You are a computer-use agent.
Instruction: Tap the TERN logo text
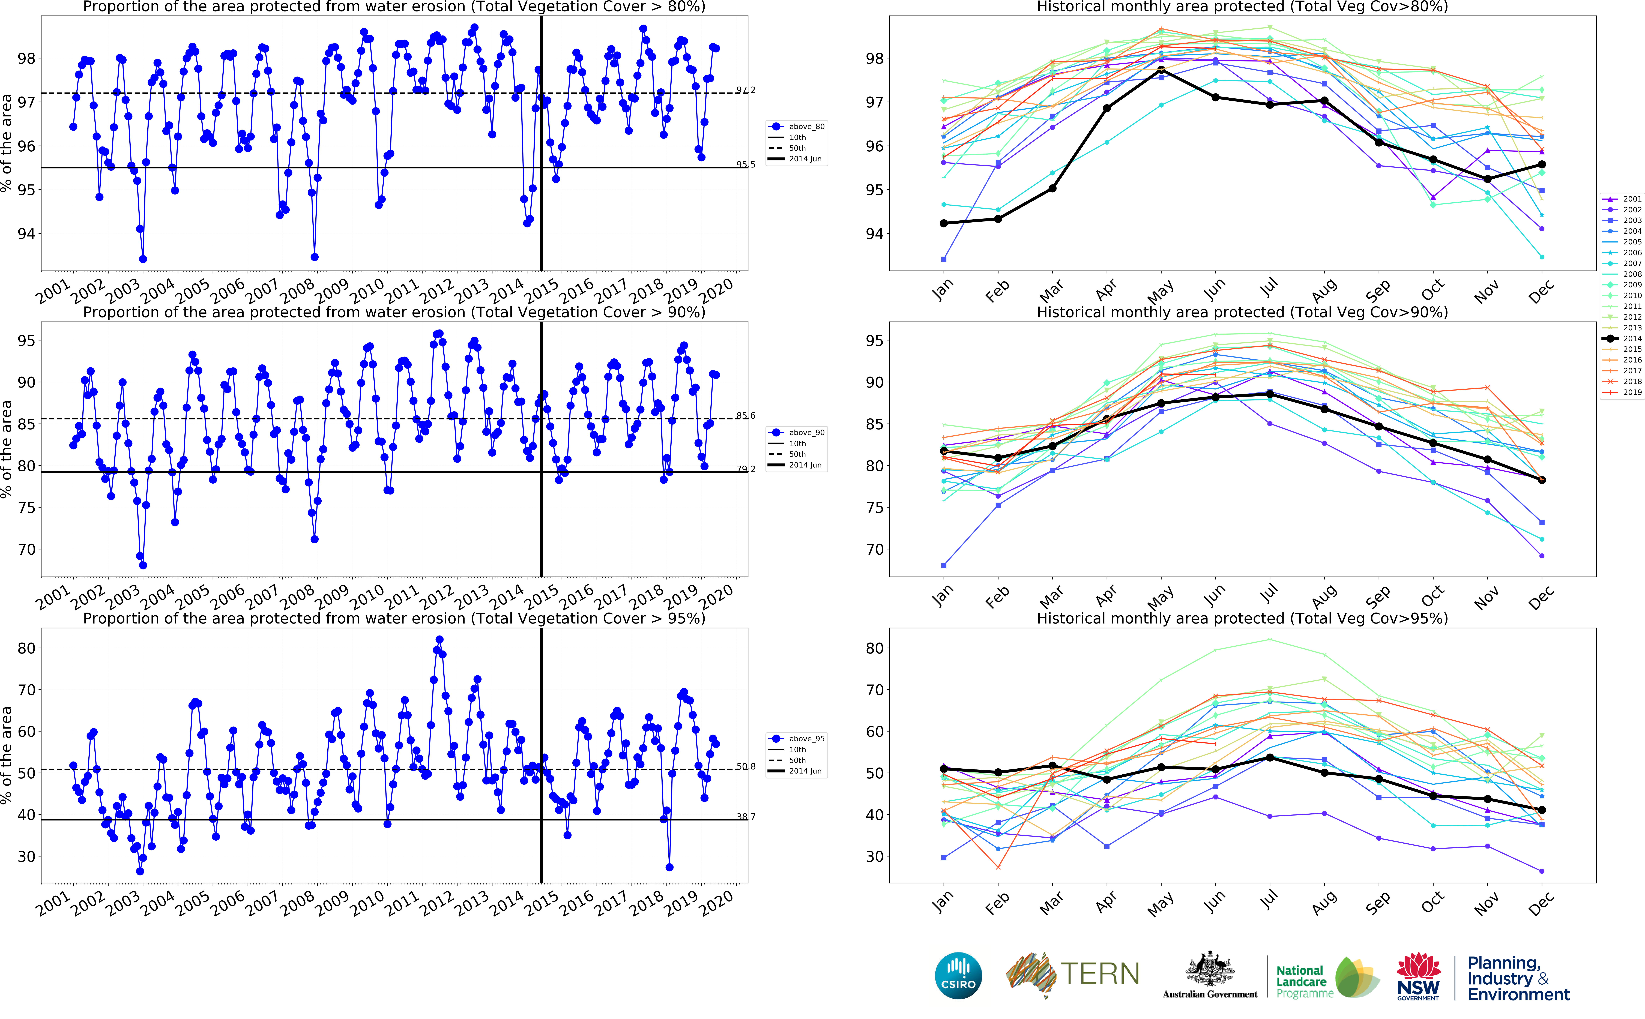pyautogui.click(x=1100, y=974)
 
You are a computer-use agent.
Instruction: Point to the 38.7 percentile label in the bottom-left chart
pyautogui.click(x=745, y=817)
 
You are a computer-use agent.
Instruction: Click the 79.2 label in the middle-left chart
pyautogui.click(x=745, y=469)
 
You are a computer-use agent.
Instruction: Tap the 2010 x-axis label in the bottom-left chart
pyautogui.click(x=367, y=902)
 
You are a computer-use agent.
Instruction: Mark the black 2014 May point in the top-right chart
pyautogui.click(x=1161, y=70)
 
